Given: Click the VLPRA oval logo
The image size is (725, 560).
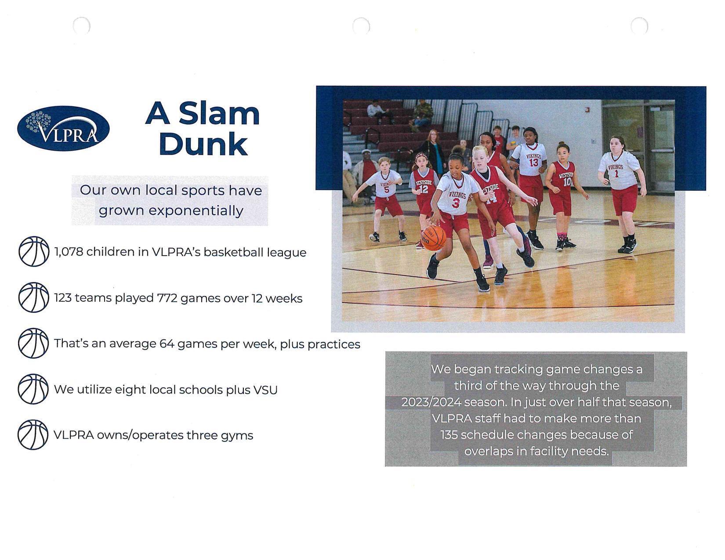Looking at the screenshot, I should [x=63, y=128].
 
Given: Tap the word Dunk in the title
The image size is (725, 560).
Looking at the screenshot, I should [x=203, y=144].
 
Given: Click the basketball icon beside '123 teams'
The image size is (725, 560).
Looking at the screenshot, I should [x=33, y=297].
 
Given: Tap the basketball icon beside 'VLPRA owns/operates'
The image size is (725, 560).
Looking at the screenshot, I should [x=33, y=435].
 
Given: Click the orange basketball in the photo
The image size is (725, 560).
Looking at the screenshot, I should [x=434, y=238].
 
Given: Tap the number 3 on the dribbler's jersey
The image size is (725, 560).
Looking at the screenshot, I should [x=456, y=203].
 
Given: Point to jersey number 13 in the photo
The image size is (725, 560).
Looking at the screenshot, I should [x=533, y=163].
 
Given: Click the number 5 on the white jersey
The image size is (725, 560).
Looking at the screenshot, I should [x=386, y=190].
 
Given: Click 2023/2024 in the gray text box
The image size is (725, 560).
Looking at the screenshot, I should [x=431, y=402].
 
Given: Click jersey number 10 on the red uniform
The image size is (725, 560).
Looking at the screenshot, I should [x=567, y=182].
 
